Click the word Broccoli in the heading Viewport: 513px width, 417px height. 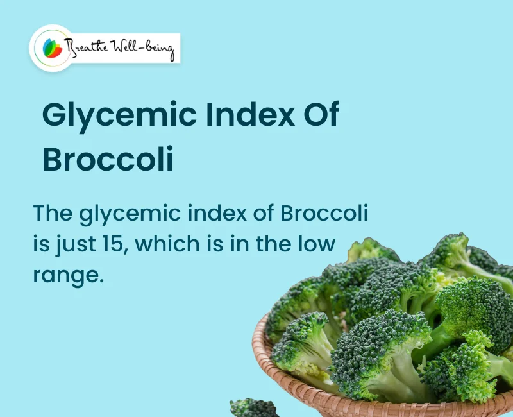tap(108, 160)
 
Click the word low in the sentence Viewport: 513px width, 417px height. tap(317, 244)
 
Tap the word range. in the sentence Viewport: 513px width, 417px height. tap(68, 275)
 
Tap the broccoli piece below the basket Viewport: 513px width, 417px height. tap(253, 408)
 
